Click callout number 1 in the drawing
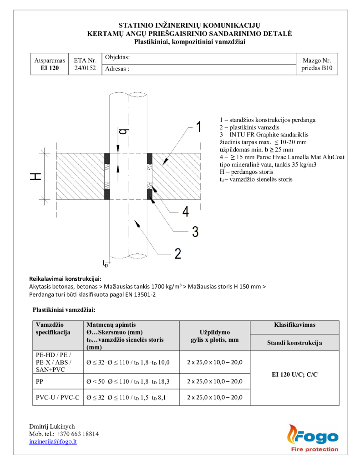tap(198, 127)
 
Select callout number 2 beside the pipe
tap(177, 253)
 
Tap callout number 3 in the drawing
tap(195, 232)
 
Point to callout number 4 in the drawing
tap(185, 211)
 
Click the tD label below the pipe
tap(106, 263)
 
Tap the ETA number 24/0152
tap(85, 68)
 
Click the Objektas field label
tap(117, 57)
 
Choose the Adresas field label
tap(117, 69)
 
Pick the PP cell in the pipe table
tap(40, 381)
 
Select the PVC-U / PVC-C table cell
tap(57, 397)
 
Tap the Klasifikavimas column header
tap(294, 325)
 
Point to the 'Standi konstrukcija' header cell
tap(294, 343)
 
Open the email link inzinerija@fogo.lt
tap(53, 441)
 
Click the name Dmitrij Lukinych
tap(52, 426)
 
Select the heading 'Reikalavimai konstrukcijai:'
tap(65, 279)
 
